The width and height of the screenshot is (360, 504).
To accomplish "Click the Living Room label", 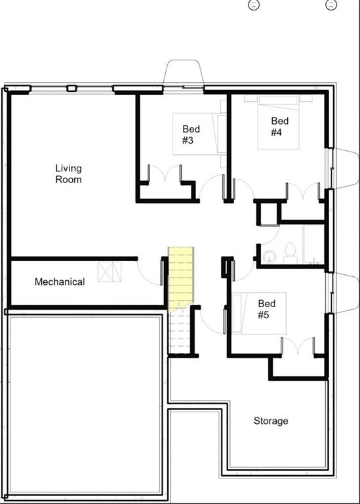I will pos(68,173).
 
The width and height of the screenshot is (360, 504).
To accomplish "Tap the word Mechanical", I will pos(60,282).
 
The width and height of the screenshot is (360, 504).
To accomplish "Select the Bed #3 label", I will pos(191,135).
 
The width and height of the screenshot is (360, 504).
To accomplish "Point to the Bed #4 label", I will pos(280,126).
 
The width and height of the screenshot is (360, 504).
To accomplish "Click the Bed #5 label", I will pos(267,309).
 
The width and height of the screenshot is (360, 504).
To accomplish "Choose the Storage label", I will pos(271,421).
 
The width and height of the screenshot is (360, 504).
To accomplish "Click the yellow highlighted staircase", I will pos(181,278).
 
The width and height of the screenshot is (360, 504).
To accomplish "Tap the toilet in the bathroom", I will pos(289,252).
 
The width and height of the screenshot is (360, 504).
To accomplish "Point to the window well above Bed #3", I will pos(184,73).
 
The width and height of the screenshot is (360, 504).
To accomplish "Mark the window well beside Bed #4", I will pos(344,168).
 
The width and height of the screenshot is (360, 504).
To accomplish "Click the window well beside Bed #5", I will pos(344,291).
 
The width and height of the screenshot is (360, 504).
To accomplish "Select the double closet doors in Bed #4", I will pos(302,192).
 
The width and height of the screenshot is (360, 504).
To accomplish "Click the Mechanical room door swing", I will pos(150,271).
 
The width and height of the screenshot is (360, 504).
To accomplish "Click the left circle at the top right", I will pos(253,5).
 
